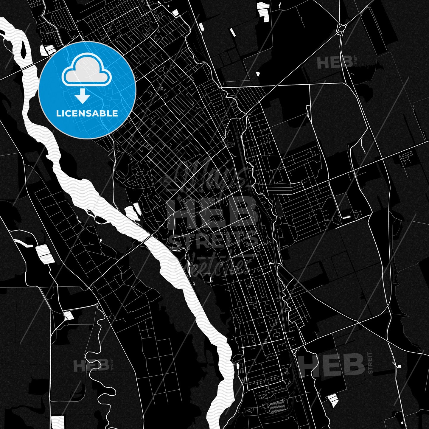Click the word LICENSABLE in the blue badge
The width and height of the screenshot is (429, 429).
point(87,114)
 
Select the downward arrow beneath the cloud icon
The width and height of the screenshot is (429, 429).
point(83,96)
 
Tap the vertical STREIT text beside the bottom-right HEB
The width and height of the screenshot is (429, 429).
point(370,363)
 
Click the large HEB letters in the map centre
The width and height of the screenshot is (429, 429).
point(212,212)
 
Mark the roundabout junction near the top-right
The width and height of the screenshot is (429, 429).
point(341,29)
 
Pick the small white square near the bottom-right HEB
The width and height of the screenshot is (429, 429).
point(400,366)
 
